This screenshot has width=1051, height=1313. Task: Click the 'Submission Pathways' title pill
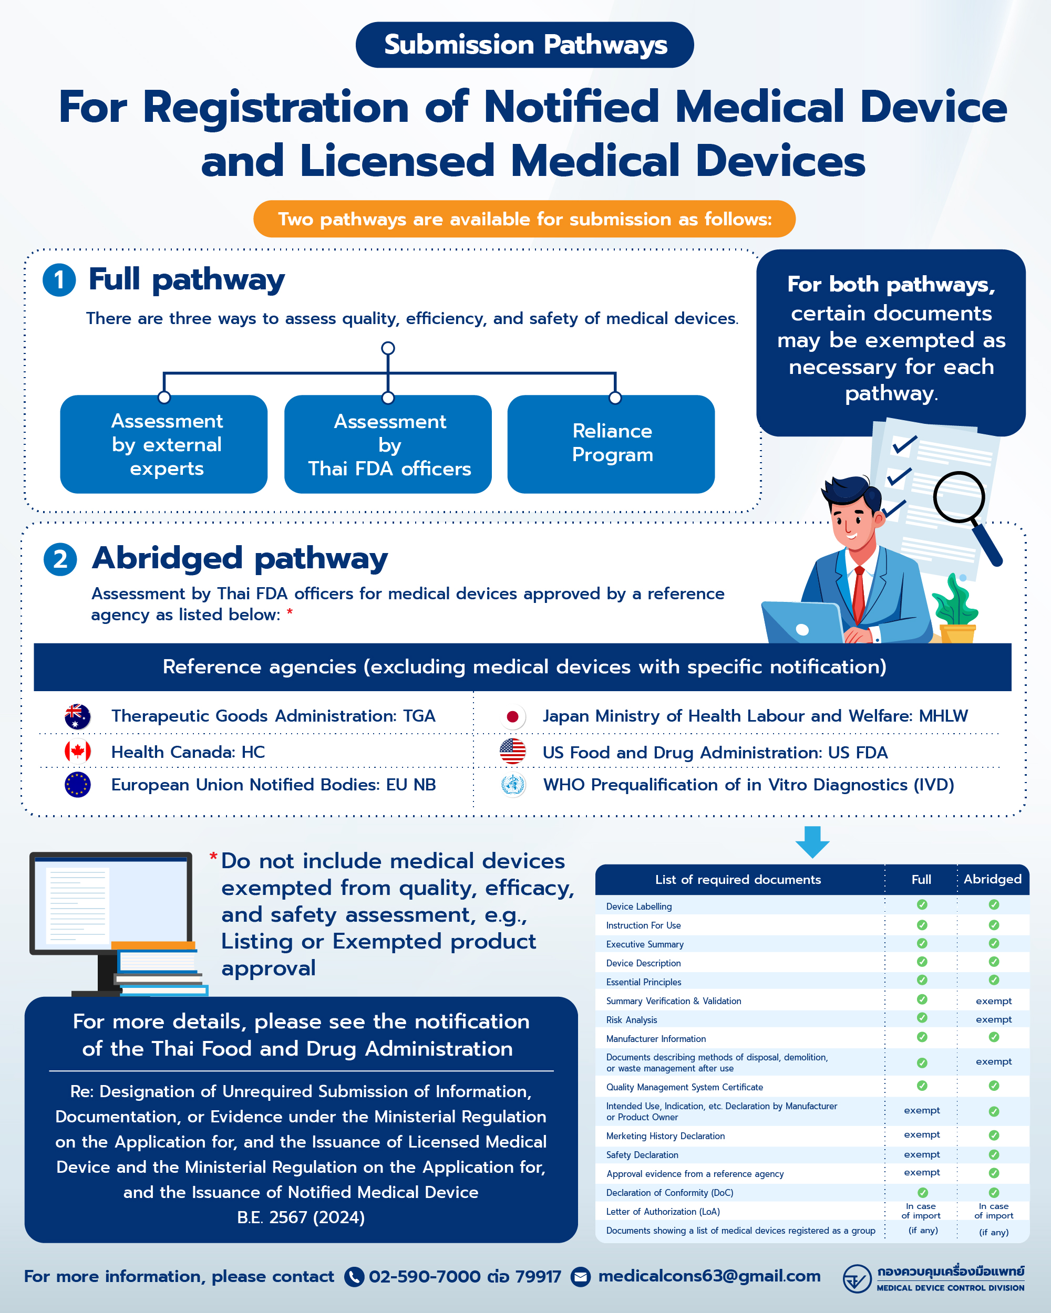[524, 45]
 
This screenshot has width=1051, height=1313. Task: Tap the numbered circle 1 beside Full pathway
[59, 280]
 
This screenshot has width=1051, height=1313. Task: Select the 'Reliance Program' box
[611, 444]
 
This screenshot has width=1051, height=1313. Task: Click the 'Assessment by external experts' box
[164, 444]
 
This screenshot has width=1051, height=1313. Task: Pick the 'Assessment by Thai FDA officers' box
[388, 444]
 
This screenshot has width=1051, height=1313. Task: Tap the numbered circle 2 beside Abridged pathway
[60, 559]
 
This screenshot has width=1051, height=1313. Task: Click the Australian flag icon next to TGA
[77, 716]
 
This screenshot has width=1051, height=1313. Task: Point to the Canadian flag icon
[77, 752]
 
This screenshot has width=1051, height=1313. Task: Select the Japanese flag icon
[512, 717]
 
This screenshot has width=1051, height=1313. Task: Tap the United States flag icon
[512, 752]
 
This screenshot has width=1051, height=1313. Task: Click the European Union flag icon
[77, 785]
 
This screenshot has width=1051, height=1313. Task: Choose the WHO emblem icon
[512, 785]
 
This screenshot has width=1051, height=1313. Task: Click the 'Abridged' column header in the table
[993, 879]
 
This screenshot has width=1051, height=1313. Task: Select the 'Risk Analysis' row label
[631, 1019]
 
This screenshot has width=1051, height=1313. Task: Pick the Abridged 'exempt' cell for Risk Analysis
[994, 1019]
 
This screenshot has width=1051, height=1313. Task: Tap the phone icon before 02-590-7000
[354, 1276]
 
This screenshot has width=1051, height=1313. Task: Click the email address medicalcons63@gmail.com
[709, 1275]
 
